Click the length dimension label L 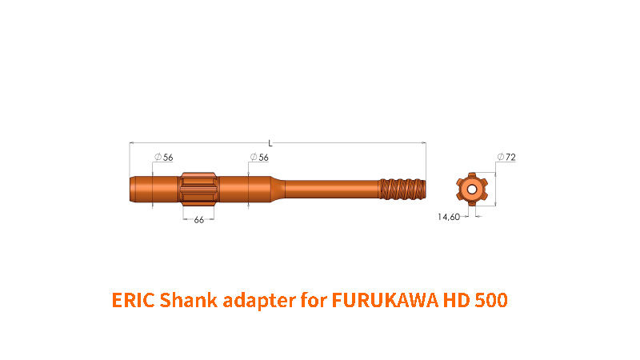coord(271,143)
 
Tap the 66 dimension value coord(198,219)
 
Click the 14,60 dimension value coord(448,217)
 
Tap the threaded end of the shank coord(405,190)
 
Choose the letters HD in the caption coord(454,301)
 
